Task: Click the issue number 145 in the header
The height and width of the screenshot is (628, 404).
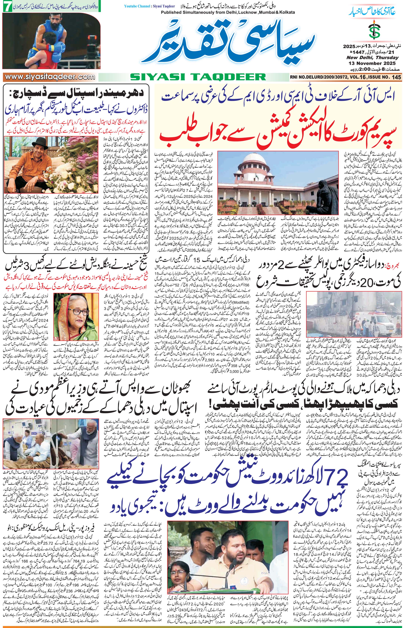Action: (397, 77)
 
